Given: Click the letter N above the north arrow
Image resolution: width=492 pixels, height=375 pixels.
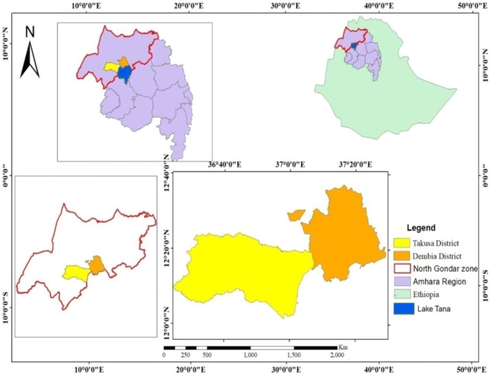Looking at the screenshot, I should [x=29, y=32].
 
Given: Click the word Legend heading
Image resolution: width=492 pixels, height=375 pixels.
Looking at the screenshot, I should [x=421, y=228].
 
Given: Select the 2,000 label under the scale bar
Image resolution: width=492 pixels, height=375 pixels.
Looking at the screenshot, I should [x=335, y=356].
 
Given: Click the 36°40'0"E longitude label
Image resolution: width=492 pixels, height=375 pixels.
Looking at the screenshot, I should [x=225, y=165].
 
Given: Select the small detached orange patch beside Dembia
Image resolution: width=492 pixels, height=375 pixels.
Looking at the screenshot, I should [x=296, y=214].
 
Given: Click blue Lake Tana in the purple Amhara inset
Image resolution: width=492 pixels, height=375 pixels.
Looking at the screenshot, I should [x=124, y=73].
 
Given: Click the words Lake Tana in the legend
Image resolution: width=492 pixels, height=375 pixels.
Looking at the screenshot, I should [x=439, y=309].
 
